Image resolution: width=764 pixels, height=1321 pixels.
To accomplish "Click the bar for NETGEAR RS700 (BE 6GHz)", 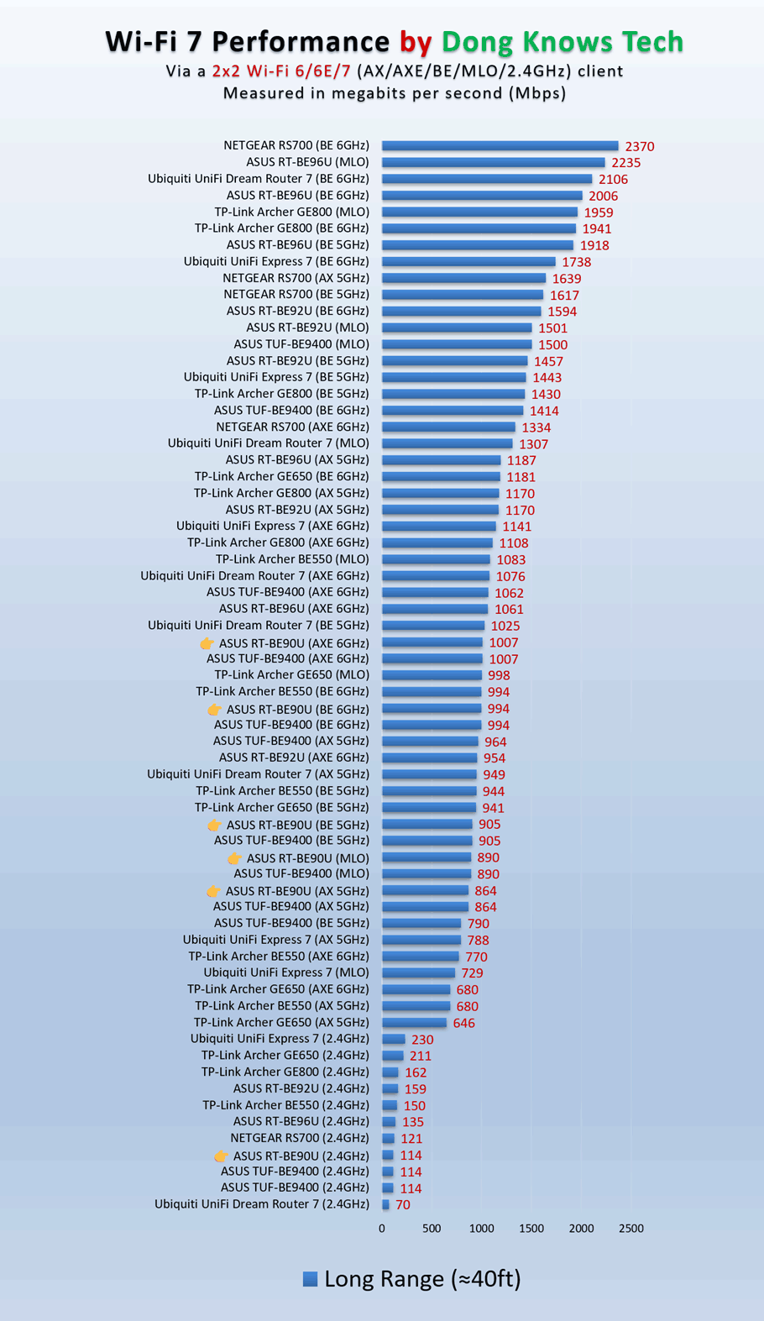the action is click(x=500, y=145).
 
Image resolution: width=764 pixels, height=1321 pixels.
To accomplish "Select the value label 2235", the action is click(x=626, y=163).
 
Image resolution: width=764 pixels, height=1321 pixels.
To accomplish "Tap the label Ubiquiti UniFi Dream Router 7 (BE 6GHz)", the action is click(x=259, y=179).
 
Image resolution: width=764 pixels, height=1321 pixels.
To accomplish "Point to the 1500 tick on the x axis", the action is click(x=531, y=1229).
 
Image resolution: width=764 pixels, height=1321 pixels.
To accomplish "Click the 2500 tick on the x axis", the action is click(x=631, y=1229).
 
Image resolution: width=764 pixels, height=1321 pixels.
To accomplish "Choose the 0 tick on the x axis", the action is click(x=382, y=1229).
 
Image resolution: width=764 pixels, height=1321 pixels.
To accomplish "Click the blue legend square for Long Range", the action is click(x=310, y=1278).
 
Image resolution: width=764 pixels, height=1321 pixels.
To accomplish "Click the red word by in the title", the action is click(x=416, y=43).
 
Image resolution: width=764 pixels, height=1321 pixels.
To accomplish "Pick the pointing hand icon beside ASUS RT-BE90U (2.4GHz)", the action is click(x=221, y=1156).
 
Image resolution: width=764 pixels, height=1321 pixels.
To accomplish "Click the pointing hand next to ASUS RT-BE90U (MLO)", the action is click(x=234, y=858).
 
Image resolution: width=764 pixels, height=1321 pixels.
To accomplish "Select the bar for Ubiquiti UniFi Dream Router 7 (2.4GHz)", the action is click(x=385, y=1205).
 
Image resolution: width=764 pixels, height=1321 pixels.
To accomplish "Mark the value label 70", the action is click(x=403, y=1205).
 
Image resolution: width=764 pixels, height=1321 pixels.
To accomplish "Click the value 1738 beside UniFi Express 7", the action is click(x=577, y=262).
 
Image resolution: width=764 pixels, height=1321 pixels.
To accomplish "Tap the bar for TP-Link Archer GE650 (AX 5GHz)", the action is click(x=415, y=1023).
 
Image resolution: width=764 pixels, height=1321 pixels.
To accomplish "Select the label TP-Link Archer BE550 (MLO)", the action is click(x=292, y=559).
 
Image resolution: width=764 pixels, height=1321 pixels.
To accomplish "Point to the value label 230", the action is click(x=422, y=1040).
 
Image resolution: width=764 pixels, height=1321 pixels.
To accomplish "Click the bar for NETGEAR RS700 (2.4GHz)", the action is click(x=388, y=1138).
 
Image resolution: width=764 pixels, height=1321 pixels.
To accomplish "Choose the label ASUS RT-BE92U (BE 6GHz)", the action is click(x=298, y=311).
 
